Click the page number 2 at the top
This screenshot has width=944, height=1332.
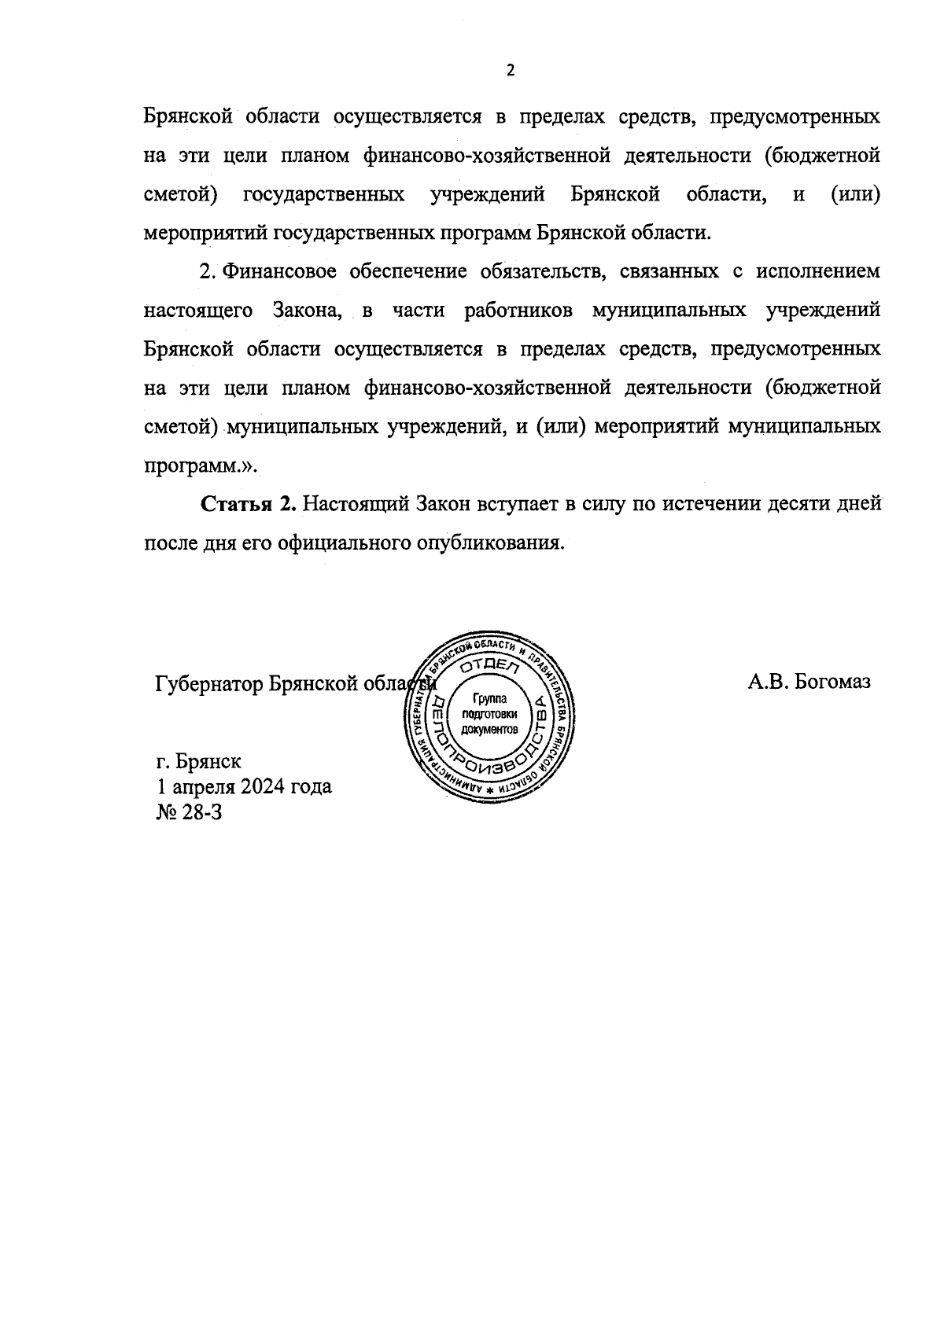click(510, 71)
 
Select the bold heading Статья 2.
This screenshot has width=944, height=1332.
click(249, 504)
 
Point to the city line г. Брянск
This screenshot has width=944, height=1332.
click(199, 761)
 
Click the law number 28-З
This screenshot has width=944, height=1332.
click(201, 811)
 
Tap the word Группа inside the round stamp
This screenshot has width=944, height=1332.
click(490, 697)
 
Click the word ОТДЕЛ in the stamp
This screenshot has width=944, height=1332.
click(491, 667)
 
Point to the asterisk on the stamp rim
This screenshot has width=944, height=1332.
click(489, 789)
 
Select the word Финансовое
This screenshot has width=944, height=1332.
click(279, 272)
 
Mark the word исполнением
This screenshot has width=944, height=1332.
click(817, 272)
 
